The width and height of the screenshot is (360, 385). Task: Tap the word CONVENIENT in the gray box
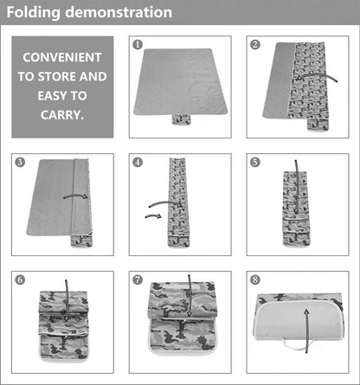[x=62, y=57]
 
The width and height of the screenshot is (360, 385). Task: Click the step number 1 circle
[x=137, y=43]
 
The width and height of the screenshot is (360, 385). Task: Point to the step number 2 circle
[x=254, y=43]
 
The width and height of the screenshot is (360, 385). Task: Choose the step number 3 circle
[x=19, y=162]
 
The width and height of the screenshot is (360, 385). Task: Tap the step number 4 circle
[x=137, y=162]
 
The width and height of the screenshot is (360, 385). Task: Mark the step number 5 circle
[x=254, y=162]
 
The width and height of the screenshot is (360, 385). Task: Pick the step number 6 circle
[x=19, y=279]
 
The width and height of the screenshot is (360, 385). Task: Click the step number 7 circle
[x=137, y=279]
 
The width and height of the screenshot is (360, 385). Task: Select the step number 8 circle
[x=254, y=279]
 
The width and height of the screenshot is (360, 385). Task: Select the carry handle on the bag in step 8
[x=297, y=349]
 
